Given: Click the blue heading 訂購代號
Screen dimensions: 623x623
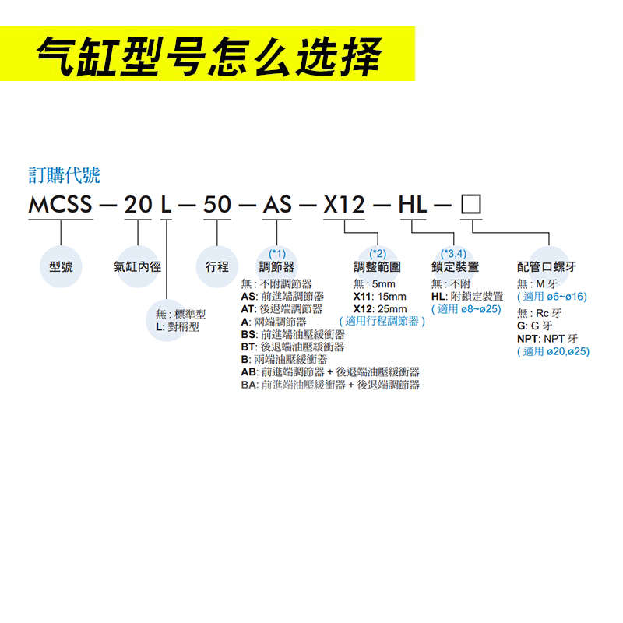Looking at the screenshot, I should (64, 175).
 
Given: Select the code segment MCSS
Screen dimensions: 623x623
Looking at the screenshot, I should (61, 206).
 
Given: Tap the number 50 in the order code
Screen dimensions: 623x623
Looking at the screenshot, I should (217, 206).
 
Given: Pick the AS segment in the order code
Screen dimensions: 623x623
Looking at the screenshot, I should (277, 206).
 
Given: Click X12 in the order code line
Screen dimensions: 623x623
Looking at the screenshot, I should (344, 206).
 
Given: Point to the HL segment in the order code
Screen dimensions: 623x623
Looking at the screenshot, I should (412, 206).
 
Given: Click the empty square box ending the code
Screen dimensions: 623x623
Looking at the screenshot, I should (472, 206).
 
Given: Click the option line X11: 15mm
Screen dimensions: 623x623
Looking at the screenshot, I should (379, 297).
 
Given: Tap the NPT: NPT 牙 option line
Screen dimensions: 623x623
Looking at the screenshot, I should (547, 339).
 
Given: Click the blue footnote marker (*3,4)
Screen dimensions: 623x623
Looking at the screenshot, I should (453, 254).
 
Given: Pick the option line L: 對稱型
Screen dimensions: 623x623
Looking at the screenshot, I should (178, 327).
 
